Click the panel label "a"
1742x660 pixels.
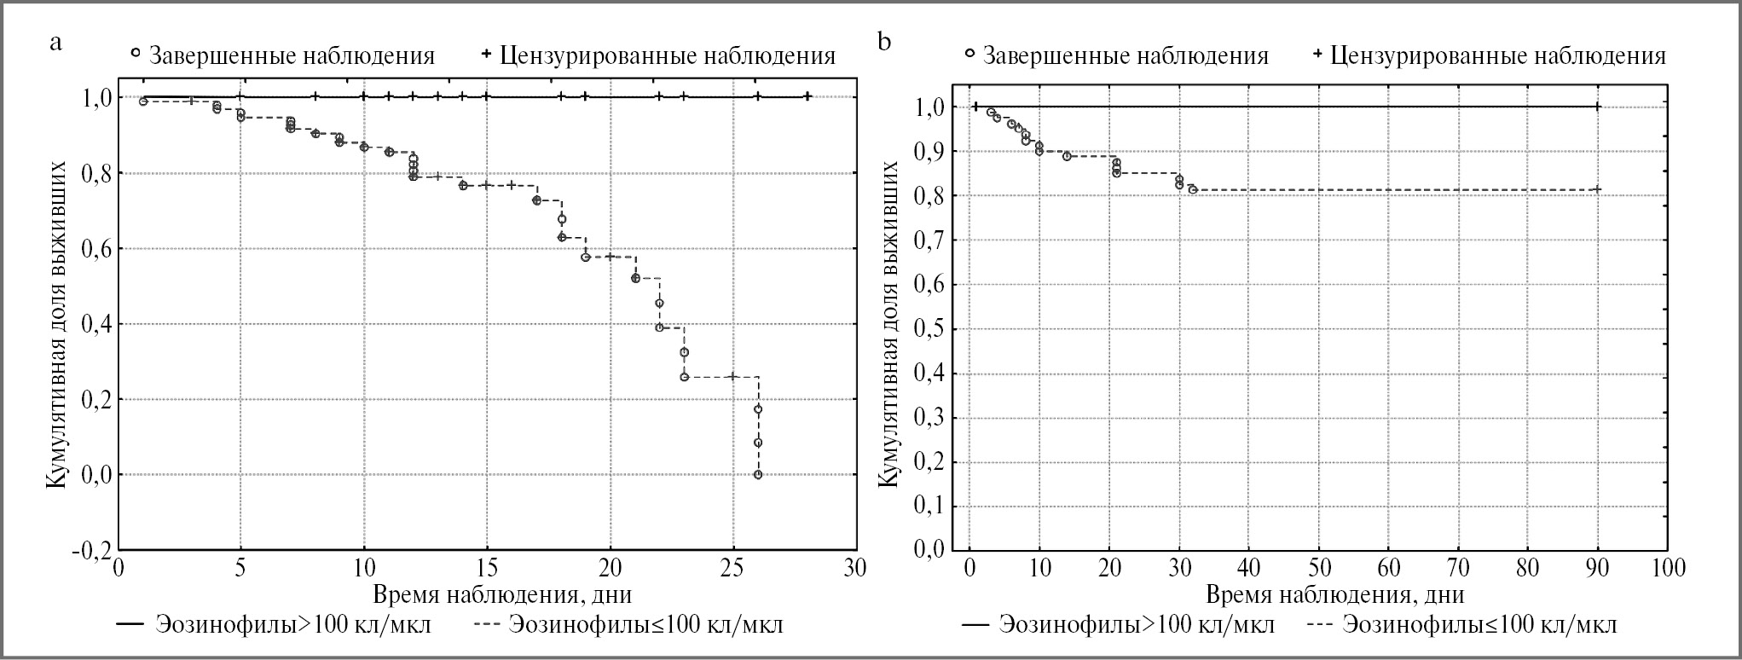56,43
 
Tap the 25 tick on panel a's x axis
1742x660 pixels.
732,568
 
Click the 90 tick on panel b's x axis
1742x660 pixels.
1598,568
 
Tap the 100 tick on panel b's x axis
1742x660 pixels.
1667,568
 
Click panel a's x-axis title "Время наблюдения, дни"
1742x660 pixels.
502,593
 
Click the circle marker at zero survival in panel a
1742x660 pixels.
758,475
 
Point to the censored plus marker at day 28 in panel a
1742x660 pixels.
807,96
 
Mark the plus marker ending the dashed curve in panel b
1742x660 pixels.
1598,189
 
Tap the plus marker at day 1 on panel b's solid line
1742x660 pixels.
975,107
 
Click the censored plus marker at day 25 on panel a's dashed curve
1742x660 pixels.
732,377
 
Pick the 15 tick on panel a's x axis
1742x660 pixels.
487,568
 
